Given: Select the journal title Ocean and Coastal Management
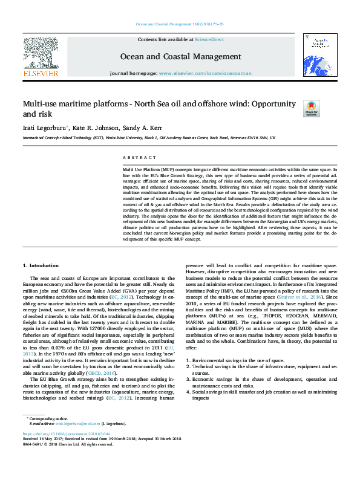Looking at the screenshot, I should [x=181, y=57].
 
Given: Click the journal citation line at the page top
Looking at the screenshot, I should [x=180, y=24].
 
